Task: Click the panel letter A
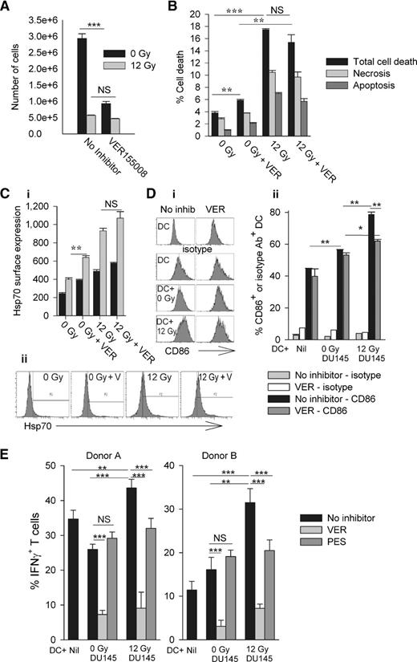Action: [6, 7]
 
